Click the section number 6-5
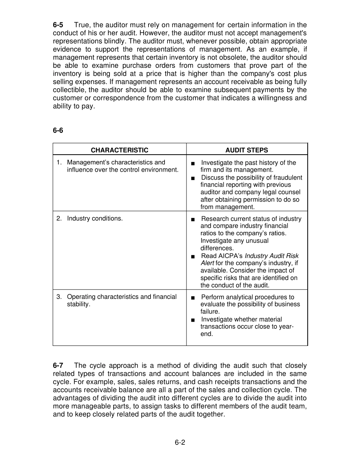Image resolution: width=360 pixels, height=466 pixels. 58,25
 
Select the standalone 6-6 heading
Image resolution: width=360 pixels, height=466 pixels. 58,130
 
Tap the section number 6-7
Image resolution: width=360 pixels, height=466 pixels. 58,366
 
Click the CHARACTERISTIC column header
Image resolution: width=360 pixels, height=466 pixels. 119,150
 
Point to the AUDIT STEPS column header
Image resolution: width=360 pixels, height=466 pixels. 247,150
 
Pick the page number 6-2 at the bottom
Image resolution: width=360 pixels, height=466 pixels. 180,442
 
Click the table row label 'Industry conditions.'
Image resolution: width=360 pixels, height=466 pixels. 95,218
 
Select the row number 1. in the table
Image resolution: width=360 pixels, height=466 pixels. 59,162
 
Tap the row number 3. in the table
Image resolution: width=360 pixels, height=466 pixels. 59,297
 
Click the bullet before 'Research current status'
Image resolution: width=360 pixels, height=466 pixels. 193,219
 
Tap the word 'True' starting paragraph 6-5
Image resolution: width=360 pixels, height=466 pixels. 81,25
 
